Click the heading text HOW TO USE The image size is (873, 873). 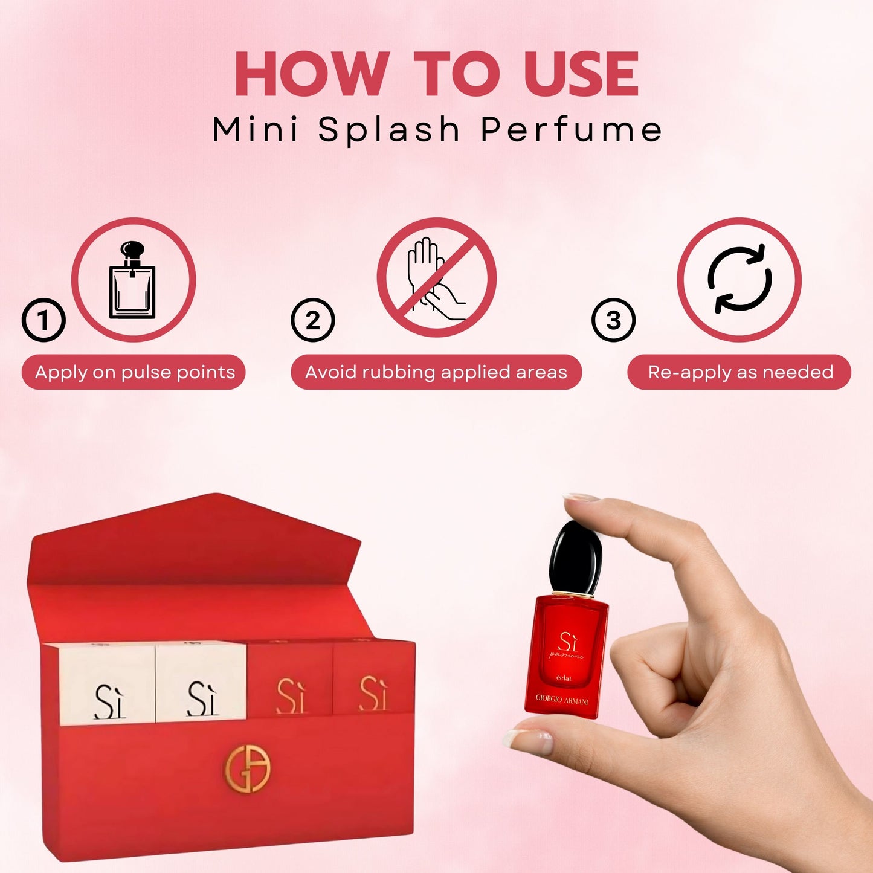[x=436, y=74]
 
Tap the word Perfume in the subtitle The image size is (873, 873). [x=571, y=129]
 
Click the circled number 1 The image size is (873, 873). [x=43, y=320]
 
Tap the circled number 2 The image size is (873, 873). [x=312, y=320]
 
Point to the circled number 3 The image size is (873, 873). [x=613, y=320]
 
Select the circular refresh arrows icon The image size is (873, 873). [x=739, y=279]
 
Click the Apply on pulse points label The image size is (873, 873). [x=134, y=372]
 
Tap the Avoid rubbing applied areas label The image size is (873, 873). [x=436, y=372]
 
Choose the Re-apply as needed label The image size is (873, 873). [x=739, y=372]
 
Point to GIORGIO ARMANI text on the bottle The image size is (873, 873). [x=561, y=699]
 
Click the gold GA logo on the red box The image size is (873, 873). [x=247, y=768]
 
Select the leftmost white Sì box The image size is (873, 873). [x=108, y=684]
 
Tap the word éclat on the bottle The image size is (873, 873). [x=564, y=678]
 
